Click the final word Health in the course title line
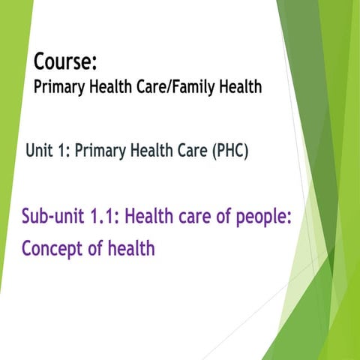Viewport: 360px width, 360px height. pos(235,87)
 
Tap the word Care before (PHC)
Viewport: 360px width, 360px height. pos(188,151)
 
